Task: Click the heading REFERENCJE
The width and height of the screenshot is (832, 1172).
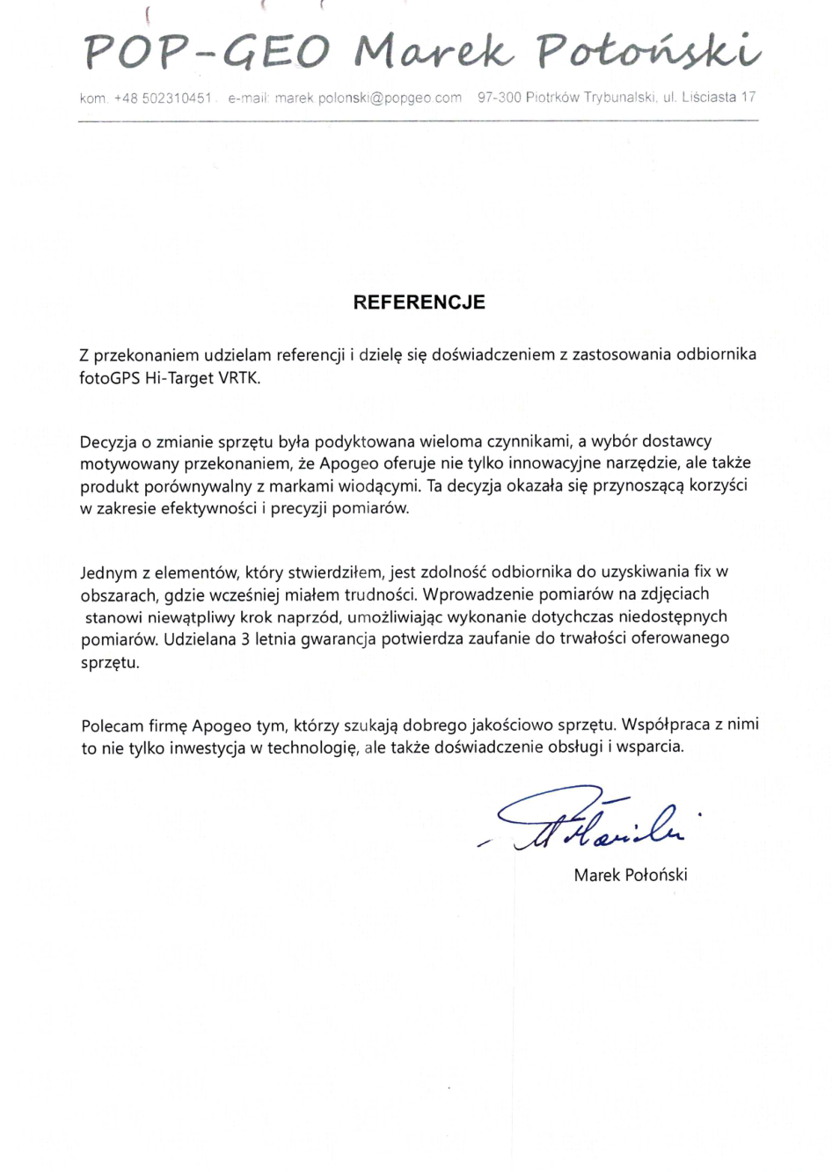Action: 419,302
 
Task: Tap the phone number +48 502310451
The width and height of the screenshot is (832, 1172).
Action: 163,98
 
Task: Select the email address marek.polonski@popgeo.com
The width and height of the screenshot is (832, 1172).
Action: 368,98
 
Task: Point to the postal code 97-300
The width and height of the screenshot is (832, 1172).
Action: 500,98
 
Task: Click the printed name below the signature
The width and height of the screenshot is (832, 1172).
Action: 631,875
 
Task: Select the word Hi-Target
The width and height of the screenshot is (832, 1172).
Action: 179,379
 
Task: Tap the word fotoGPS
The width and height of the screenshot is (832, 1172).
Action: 109,379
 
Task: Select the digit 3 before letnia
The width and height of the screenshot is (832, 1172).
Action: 246,639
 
